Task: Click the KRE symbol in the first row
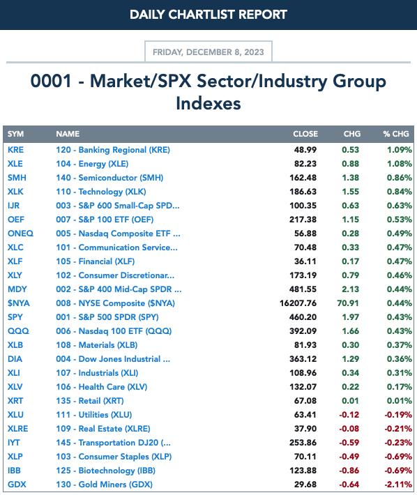tap(15, 150)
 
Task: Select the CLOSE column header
tap(305, 134)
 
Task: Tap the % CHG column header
tap(396, 134)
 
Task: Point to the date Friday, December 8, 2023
tap(208, 52)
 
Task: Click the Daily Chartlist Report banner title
tap(208, 15)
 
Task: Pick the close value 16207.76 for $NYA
tap(298, 303)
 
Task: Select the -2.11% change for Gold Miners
tap(398, 485)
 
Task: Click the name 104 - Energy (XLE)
tap(92, 164)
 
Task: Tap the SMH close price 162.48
tap(303, 177)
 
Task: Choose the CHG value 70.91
tap(348, 303)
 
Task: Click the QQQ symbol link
tap(18, 331)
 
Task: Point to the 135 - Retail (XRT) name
tap(90, 401)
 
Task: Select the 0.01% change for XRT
tap(400, 401)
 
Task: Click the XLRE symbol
tap(17, 428)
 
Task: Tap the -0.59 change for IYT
tap(349, 442)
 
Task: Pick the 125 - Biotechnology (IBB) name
tap(106, 471)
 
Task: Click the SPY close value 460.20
tap(303, 317)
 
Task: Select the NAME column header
tap(68, 134)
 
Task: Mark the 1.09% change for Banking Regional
tap(400, 150)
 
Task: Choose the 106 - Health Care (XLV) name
tap(102, 387)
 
